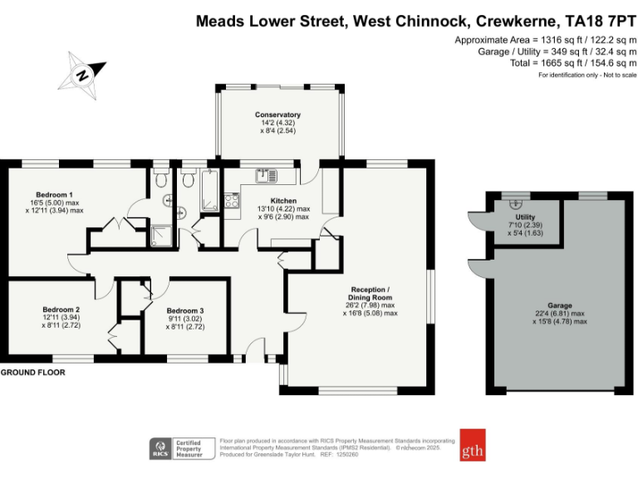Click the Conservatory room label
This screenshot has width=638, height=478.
pos(277,115)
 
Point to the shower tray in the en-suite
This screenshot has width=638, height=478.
pos(159,236)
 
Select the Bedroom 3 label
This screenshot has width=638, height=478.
pos(185,310)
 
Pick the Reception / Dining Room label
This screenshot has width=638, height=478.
pos(370,293)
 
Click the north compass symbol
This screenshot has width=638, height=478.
pos(81,72)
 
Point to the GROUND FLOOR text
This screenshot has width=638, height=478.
pos(32,373)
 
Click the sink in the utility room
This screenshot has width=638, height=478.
pos(516,201)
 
